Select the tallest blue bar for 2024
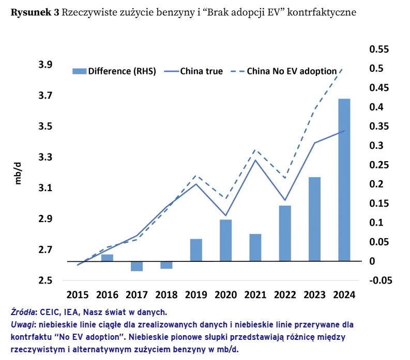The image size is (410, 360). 344,180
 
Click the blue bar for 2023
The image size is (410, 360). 314,219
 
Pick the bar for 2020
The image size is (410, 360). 225,240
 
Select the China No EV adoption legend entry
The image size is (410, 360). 292,71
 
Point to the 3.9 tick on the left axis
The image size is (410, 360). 45,65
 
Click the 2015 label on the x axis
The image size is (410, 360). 77,294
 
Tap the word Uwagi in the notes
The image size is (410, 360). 21,324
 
